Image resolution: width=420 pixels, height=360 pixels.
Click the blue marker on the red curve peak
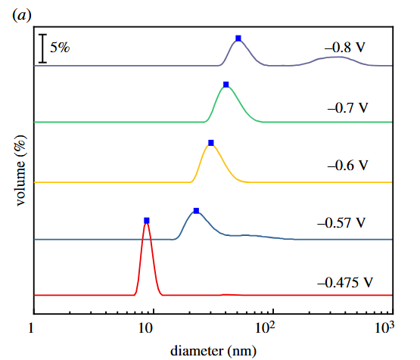pyautogui.click(x=147, y=220)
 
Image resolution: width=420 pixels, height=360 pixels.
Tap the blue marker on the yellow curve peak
pyautogui.click(x=211, y=142)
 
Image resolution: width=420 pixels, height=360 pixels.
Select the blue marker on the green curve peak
pyautogui.click(x=226, y=84)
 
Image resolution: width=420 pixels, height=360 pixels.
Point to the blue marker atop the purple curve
pyautogui.click(x=238, y=38)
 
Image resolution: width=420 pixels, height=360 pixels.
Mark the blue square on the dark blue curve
pyautogui.click(x=196, y=210)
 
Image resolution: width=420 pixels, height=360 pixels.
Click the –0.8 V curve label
pyautogui.click(x=345, y=48)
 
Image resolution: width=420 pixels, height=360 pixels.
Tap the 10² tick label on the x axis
pyautogui.click(x=266, y=328)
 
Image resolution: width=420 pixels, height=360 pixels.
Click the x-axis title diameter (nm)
pyautogui.click(x=213, y=350)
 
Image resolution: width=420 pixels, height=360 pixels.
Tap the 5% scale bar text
pyautogui.click(x=60, y=48)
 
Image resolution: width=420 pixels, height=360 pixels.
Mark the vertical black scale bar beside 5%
pyautogui.click(x=42, y=48)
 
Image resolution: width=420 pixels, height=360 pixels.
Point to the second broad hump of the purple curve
pyautogui.click(x=332, y=59)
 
